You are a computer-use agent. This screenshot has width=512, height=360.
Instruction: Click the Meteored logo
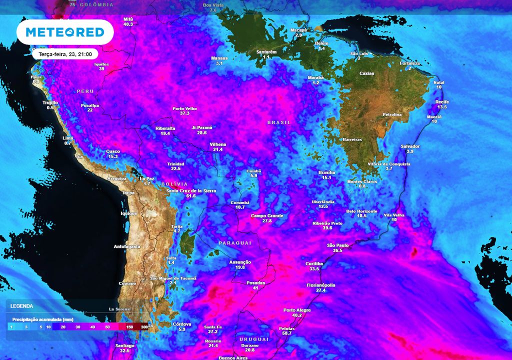pos(65,32)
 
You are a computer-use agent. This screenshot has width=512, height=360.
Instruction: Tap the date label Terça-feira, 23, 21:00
pos(65,54)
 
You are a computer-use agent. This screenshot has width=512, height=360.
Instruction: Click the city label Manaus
pos(219,58)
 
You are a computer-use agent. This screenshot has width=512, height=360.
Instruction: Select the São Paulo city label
pos(337,245)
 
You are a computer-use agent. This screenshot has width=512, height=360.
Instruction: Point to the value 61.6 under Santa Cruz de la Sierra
pos(190,196)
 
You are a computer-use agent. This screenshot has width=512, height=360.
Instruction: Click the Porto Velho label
pos(184,108)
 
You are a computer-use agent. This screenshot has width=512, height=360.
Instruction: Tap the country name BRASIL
pos(279,122)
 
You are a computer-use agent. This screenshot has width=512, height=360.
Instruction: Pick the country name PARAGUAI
pos(234,242)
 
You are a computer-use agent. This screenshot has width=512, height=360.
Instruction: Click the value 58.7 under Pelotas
pos(286,333)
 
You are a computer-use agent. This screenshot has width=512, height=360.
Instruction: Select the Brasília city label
pos(326,172)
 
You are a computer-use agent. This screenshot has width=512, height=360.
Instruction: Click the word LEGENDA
pos(21,305)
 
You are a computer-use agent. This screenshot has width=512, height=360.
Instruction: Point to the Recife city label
pos(442,102)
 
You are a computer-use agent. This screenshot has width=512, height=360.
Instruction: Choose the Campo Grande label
pos(267,215)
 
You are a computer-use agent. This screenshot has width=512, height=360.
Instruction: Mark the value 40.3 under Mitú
pos(128,24)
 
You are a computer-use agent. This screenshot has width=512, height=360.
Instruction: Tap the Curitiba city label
pos(314,263)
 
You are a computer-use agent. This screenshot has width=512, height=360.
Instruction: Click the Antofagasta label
pos(127,246)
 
